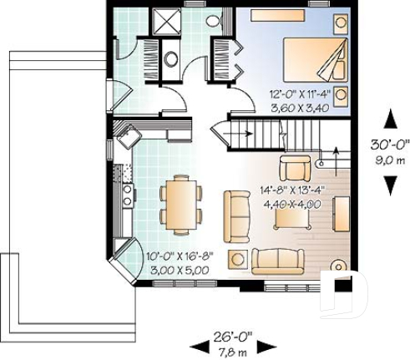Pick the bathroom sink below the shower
coord(171,58)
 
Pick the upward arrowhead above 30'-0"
coord(390,118)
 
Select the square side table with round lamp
coord(239,257)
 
